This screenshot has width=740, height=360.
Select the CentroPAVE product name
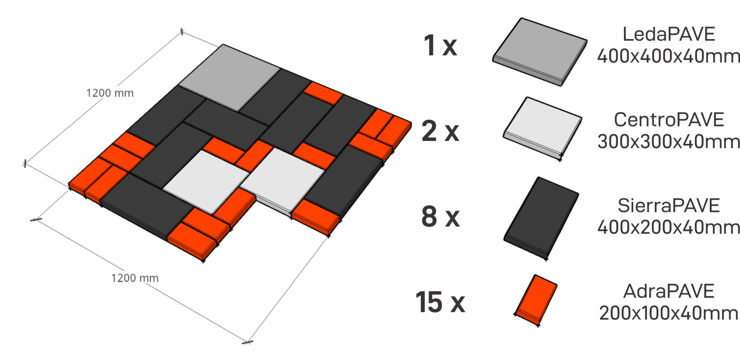click(669, 119)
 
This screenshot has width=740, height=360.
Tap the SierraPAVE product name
click(669, 205)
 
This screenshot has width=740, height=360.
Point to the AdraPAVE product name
click(669, 291)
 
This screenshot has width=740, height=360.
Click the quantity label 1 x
click(440, 45)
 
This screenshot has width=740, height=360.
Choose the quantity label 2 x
click(441, 131)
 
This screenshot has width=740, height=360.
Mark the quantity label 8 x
click(441, 217)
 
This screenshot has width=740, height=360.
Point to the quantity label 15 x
click(440, 302)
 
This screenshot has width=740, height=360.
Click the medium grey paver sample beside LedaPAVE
click(540, 52)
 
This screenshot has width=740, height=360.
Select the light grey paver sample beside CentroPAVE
click(542, 129)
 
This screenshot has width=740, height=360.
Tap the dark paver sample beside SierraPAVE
click(541, 219)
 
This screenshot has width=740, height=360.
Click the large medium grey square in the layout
click(229, 77)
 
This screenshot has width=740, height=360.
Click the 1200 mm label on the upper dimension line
click(110, 93)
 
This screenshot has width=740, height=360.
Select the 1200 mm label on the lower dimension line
click(135, 278)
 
